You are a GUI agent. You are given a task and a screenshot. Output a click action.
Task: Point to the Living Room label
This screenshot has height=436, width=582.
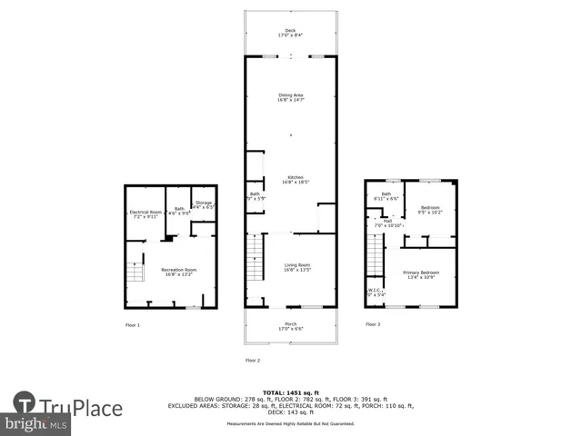click(x=296, y=267)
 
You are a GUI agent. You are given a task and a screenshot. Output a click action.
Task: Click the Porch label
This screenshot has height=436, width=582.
click(x=290, y=326)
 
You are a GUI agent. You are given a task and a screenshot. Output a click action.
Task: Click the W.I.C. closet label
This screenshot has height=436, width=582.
click(x=375, y=292)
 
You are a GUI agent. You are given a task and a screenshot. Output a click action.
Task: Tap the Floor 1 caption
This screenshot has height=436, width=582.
click(x=134, y=324)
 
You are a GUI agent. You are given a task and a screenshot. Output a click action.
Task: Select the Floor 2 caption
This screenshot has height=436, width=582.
click(x=253, y=361)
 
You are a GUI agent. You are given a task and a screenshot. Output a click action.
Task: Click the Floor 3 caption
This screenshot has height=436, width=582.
click(x=373, y=324)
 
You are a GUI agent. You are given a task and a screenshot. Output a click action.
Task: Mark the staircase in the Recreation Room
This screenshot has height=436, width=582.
click(x=135, y=272)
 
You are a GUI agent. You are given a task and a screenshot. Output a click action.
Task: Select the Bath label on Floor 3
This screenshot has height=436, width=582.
click(x=386, y=195)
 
